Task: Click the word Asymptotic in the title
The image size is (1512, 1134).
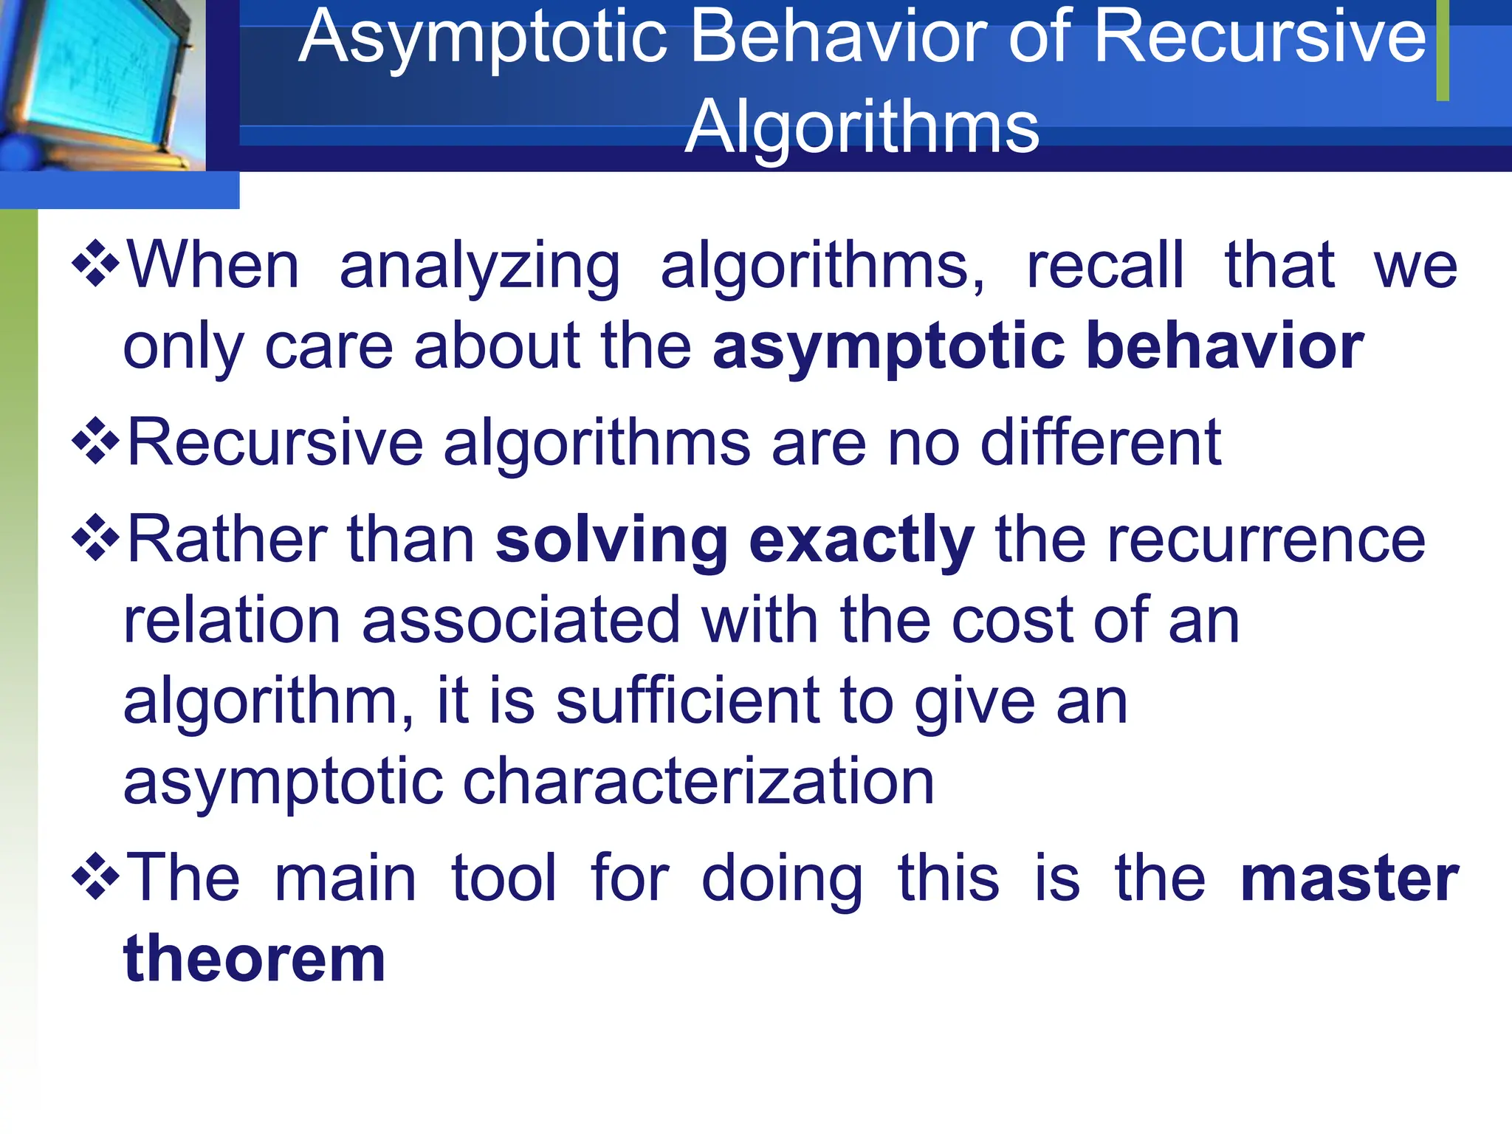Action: click(x=484, y=38)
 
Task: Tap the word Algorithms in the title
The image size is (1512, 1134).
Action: click(x=862, y=127)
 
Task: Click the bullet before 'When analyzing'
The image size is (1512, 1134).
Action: click(x=96, y=264)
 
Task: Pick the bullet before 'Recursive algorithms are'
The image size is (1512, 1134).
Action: click(x=96, y=441)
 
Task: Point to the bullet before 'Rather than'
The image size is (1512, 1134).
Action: click(x=96, y=538)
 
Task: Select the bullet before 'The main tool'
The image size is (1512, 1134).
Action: click(x=96, y=877)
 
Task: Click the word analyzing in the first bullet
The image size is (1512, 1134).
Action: click(x=480, y=267)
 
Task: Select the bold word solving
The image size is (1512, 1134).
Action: click(x=612, y=540)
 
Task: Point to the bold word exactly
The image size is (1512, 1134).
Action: click(x=862, y=540)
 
